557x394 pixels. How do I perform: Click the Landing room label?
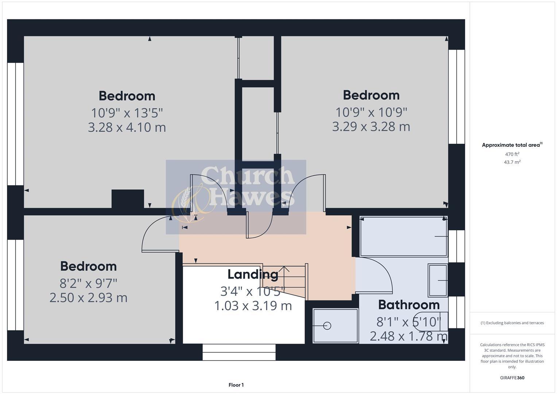pos(253,274)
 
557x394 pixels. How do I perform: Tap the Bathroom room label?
pos(409,305)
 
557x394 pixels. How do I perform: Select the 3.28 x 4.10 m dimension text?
pos(127,127)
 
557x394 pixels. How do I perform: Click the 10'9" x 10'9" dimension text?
pos(371,112)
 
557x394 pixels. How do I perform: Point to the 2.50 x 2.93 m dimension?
pos(89,298)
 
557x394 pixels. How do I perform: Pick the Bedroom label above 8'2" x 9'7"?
pos(89,266)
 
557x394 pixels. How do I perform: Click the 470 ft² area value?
pos(512,154)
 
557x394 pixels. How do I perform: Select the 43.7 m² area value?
pos(512,162)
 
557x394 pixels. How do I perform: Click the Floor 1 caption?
pos(236,385)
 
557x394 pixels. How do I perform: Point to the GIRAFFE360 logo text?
pos(512,378)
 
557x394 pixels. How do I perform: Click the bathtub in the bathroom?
pos(403,236)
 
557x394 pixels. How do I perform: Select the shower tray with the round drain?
pos(336,326)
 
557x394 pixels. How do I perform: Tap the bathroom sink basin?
pos(438,280)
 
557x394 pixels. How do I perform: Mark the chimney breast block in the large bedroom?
pos(128,199)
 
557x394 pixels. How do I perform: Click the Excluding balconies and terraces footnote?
pos(512,323)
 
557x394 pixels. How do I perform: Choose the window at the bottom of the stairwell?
pos(239,352)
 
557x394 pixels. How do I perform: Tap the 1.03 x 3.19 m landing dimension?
pos(253,306)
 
